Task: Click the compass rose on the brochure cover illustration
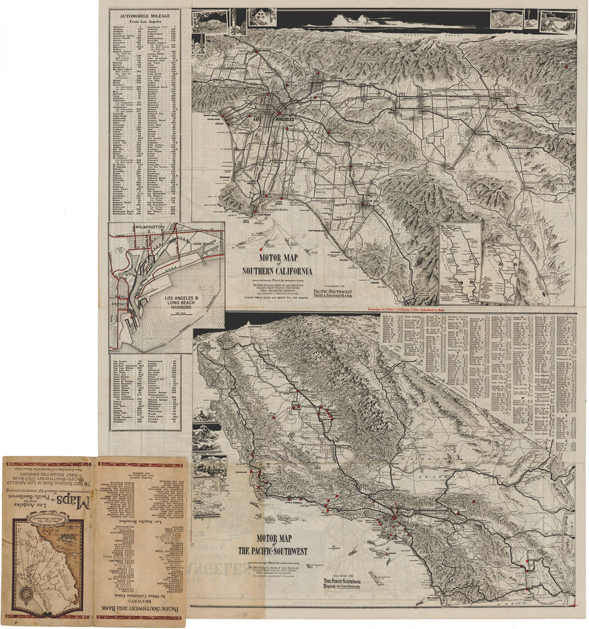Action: [x=27, y=595]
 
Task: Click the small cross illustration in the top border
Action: [x=533, y=18]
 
